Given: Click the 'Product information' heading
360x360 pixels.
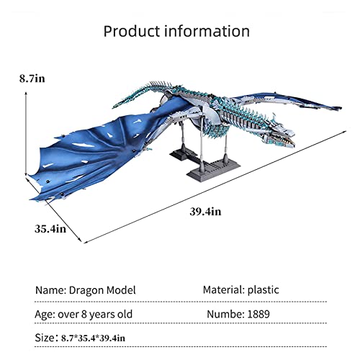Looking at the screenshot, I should (176, 32).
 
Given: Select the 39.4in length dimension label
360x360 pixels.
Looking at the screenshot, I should (206, 211).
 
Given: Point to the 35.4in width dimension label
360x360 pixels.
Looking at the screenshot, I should (50, 229).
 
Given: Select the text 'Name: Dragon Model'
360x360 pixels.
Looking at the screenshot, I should (85, 290).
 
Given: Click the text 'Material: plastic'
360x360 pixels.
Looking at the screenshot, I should (242, 290).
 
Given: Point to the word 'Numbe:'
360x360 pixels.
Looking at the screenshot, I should (228, 314).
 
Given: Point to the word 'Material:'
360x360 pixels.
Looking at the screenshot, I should (223, 290).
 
